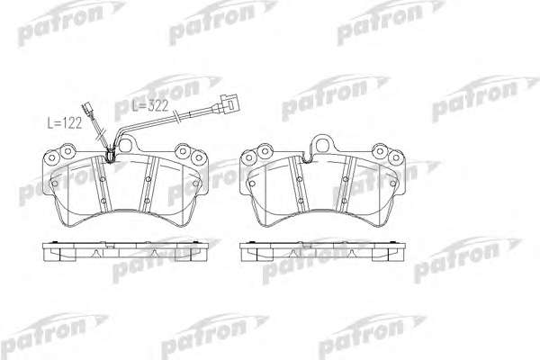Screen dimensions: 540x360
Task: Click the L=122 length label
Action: pos(65,123)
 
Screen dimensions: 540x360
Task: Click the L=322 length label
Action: pos(150,106)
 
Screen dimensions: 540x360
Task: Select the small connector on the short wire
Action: pos(86,109)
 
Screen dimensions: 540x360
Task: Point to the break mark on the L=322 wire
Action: pos(176,117)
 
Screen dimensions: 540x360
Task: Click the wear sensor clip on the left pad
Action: pos(111,155)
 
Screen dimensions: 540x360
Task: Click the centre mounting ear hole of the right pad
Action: pos(323,145)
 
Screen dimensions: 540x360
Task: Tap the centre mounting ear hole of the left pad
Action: pos(126,145)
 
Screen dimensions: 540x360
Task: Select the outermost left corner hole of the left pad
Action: pos(52,157)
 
